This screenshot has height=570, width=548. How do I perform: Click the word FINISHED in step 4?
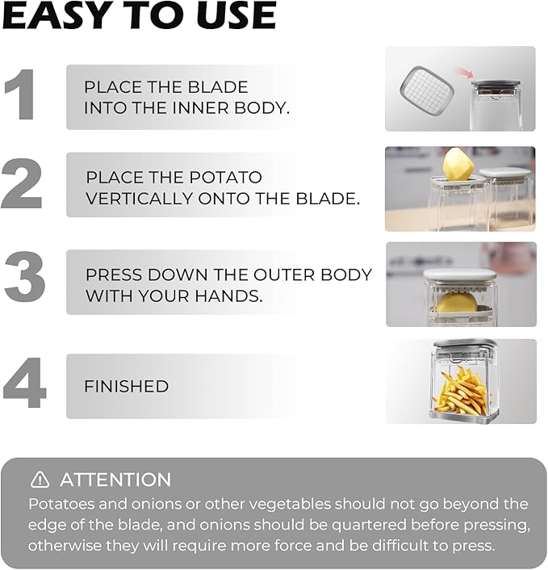point(126,387)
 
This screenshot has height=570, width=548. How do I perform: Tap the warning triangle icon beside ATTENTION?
point(40,480)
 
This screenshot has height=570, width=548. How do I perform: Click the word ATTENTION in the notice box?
point(115,480)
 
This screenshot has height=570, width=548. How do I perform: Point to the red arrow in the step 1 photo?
point(462,74)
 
